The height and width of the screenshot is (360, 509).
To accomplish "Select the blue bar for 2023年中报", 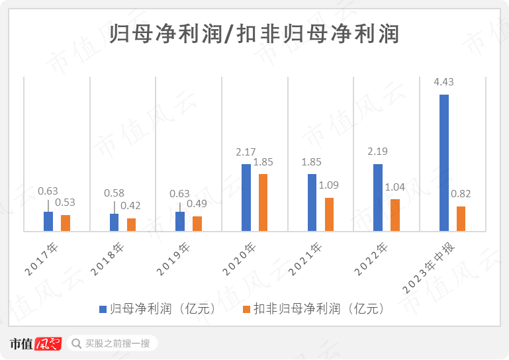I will click(x=444, y=163).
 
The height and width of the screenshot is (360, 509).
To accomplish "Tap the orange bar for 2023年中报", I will click(x=461, y=219).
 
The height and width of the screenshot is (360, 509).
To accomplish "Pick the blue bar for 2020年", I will click(x=246, y=198).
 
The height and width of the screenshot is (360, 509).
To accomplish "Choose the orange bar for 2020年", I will click(x=263, y=202).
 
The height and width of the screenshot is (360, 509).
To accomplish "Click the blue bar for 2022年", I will click(x=378, y=198).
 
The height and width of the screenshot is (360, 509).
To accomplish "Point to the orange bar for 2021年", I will click(x=329, y=214).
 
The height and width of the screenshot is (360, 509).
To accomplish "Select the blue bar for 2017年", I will click(x=48, y=222).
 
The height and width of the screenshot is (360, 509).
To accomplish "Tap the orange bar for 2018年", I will click(x=131, y=225).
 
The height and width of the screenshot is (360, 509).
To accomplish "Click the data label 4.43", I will click(x=443, y=82).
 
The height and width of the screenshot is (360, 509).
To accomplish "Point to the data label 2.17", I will click(x=246, y=152).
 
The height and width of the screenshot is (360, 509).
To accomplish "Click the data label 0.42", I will click(x=130, y=206).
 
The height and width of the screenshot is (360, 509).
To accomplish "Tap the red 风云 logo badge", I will click(x=48, y=343).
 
